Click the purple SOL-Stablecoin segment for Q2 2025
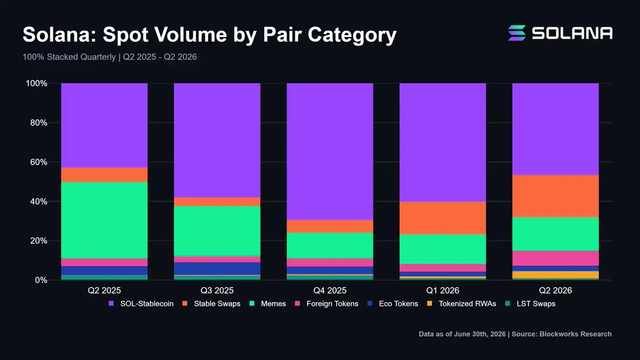tap(105, 125)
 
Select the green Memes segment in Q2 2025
tap(105, 220)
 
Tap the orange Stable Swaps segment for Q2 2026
tap(555, 196)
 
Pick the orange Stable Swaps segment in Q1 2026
tap(443, 218)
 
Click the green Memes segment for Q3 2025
tap(217, 231)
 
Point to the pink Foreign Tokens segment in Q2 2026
tap(555, 258)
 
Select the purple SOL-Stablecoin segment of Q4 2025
tap(330, 151)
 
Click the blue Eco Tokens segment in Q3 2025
tap(217, 269)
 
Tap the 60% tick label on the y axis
tap(38, 162)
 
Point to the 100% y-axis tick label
tap(37, 83)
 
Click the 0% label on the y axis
tap(41, 281)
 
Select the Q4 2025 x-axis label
tap(330, 291)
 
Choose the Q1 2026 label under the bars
tap(443, 291)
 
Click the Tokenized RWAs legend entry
tap(462, 303)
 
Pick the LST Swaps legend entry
tap(530, 303)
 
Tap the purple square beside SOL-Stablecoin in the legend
tap(111, 303)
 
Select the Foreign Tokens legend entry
tap(326, 303)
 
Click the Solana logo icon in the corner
tap(517, 33)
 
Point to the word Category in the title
tap(352, 35)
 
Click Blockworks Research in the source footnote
tap(575, 334)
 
